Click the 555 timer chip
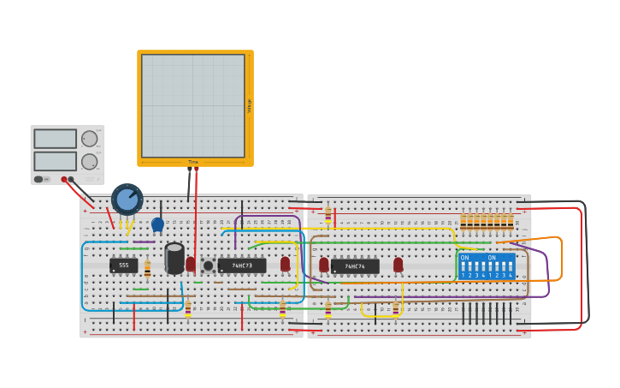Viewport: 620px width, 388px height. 123,266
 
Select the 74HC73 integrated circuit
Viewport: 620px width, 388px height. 242,266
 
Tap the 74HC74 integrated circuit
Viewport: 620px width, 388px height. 355,266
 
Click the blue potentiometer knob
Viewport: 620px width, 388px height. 127,200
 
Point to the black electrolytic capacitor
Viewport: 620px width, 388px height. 174,258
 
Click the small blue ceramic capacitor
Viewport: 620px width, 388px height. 157,224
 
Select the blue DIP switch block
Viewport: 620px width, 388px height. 487,266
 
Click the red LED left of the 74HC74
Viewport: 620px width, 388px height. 324,265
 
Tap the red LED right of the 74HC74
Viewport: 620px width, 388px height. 399,265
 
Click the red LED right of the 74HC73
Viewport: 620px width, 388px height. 285,264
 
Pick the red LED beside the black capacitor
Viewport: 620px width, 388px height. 191,264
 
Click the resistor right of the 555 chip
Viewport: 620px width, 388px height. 147,269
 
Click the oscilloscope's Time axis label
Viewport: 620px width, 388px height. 193,162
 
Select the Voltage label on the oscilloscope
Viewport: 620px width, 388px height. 250,105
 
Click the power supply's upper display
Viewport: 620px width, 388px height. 55,139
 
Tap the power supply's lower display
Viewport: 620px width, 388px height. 55,161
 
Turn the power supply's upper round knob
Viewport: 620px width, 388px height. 89,139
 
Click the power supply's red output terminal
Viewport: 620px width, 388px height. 64,179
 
